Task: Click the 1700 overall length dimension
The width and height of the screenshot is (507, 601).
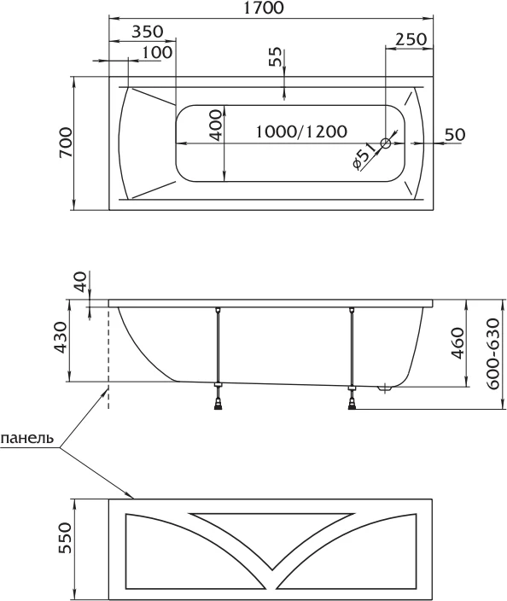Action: click(265, 8)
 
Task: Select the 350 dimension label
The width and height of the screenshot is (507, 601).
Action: click(148, 32)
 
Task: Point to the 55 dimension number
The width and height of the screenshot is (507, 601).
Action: click(275, 56)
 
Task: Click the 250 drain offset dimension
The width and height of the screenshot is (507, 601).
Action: click(411, 39)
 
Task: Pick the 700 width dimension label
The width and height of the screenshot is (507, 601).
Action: click(66, 143)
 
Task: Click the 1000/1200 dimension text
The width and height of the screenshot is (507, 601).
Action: click(301, 131)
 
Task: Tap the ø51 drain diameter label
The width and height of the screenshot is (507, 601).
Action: click(364, 156)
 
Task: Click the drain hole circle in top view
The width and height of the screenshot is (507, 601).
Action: click(386, 143)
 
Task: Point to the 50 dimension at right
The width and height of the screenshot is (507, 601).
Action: click(455, 134)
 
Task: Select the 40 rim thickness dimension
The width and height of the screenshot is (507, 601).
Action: click(80, 282)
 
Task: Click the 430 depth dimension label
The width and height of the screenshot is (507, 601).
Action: click(60, 338)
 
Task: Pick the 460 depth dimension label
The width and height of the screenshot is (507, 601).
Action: click(457, 343)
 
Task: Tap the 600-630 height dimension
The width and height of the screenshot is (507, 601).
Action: click(493, 353)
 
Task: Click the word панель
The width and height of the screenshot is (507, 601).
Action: click(26, 438)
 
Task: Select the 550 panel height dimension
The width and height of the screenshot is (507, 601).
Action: click(66, 538)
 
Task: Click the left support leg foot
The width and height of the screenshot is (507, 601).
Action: click(218, 405)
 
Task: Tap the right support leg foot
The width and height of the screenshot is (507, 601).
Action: click(353, 405)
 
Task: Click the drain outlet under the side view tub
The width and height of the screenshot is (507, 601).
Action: click(384, 389)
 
